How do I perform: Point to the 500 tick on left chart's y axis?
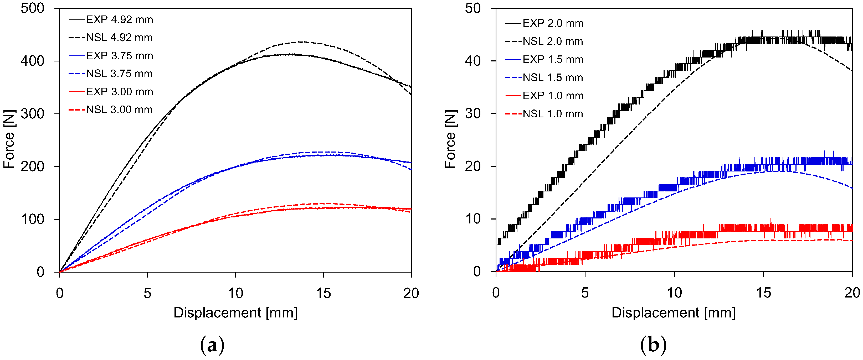tap(33, 8)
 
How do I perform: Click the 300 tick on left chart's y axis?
tap(33, 114)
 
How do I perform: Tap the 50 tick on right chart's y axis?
tap(473, 8)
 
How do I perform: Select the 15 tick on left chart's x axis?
tap(323, 293)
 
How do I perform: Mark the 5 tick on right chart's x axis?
tap(585, 293)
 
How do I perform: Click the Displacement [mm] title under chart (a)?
tap(235, 313)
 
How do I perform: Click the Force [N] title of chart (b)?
tap(451, 139)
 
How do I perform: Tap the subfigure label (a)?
tap(212, 345)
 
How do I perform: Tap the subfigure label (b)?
tap(653, 345)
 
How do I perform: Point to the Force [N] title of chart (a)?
tap(9, 139)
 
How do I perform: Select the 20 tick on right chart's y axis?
tap(473, 166)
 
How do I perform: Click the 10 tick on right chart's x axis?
tap(674, 293)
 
